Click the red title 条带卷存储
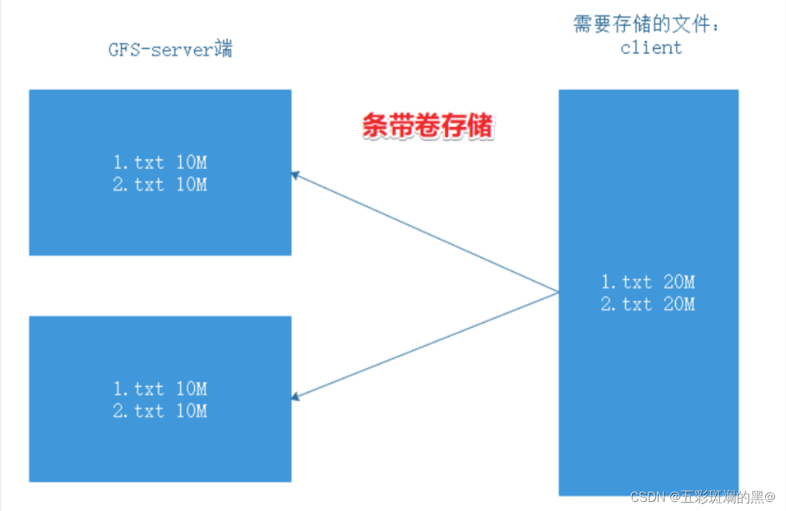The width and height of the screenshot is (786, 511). (427, 126)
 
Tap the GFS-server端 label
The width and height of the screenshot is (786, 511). (170, 50)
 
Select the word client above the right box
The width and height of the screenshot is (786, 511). (651, 47)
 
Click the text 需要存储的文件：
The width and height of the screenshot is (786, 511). (646, 25)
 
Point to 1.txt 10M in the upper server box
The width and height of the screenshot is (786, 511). (160, 162)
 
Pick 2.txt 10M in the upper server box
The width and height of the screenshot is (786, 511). (160, 185)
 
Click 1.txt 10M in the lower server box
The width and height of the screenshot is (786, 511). (160, 388)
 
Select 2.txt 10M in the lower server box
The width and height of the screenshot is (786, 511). (160, 411)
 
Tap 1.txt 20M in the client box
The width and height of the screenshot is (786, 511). (648, 282)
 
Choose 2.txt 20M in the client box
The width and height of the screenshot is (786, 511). (648, 304)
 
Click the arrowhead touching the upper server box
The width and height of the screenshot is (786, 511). (295, 175)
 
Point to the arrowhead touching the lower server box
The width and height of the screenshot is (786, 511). (295, 397)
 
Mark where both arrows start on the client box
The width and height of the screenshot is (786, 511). (558, 293)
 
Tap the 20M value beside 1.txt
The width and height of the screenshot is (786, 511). (679, 282)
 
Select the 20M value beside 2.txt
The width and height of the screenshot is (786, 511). (679, 304)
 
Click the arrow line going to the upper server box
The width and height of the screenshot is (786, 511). (425, 233)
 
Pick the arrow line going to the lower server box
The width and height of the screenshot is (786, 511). (425, 345)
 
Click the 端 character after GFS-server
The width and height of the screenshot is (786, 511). (224, 50)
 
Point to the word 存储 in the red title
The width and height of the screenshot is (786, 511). (468, 126)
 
